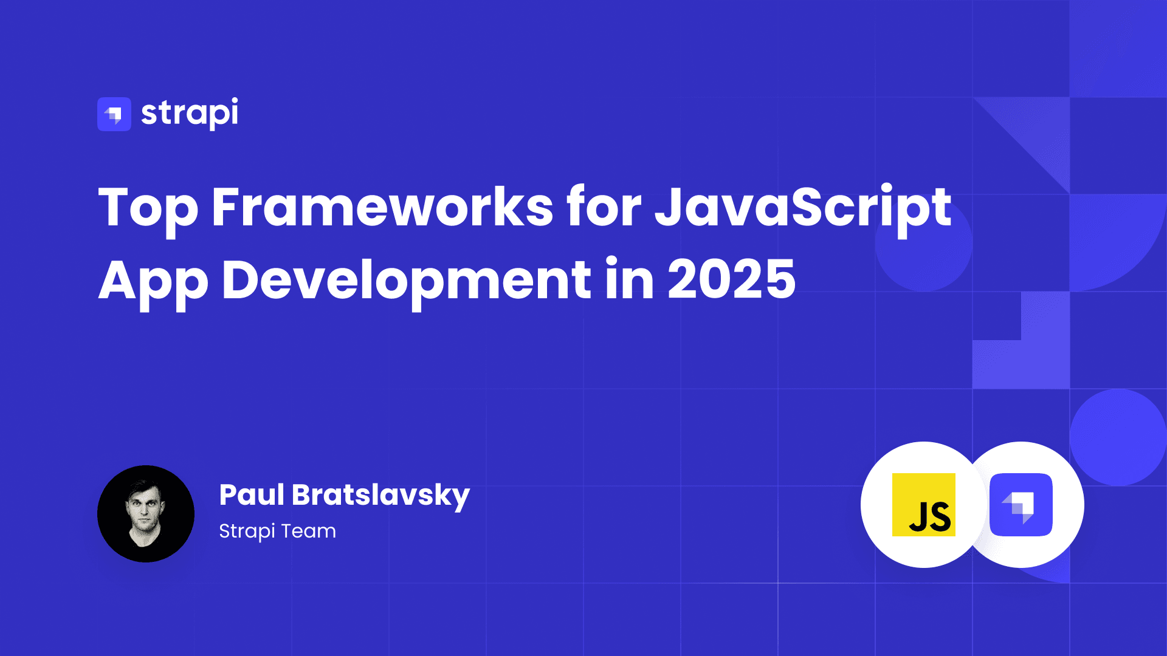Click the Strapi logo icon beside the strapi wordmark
[x=114, y=114]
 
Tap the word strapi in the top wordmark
[x=190, y=113]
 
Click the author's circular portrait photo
[x=146, y=514]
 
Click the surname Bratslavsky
[x=381, y=496]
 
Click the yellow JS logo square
[x=924, y=505]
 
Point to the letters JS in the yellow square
[x=930, y=518]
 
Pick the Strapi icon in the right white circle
[x=1021, y=505]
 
